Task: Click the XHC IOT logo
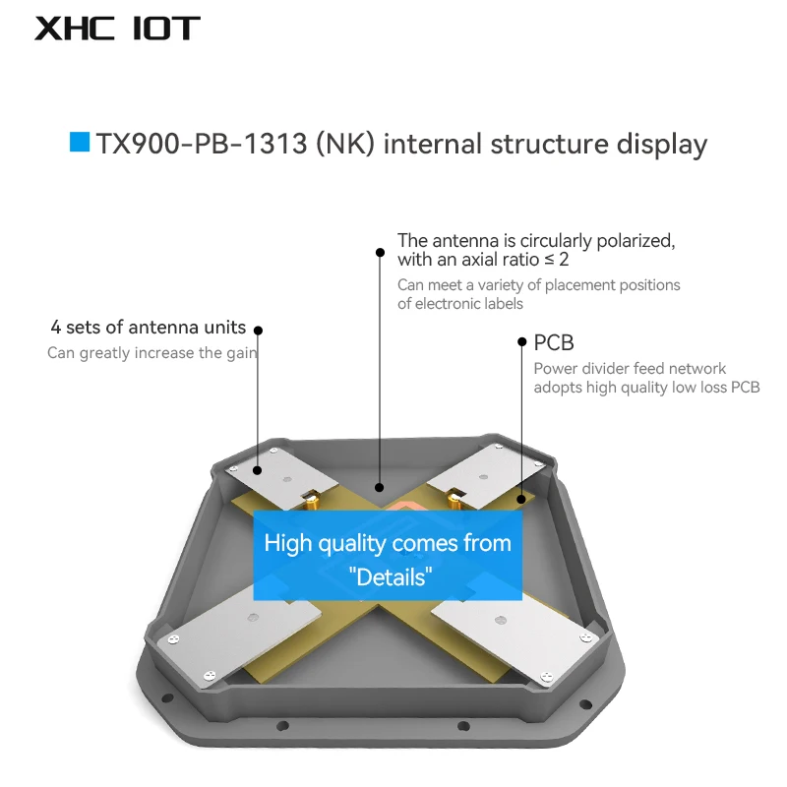pyautogui.click(x=117, y=28)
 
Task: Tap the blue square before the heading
pyautogui.click(x=80, y=143)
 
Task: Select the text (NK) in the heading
pyautogui.click(x=345, y=145)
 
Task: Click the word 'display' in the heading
pyautogui.click(x=662, y=145)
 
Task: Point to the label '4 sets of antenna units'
pyautogui.click(x=149, y=328)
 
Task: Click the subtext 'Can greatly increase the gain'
pyautogui.click(x=151, y=353)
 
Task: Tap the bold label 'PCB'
pyautogui.click(x=554, y=343)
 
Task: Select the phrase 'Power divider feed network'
pyautogui.click(x=630, y=369)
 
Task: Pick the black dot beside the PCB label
pyautogui.click(x=522, y=342)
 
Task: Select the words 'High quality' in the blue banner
pyautogui.click(x=325, y=544)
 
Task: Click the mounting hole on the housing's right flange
pyautogui.click(x=587, y=703)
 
